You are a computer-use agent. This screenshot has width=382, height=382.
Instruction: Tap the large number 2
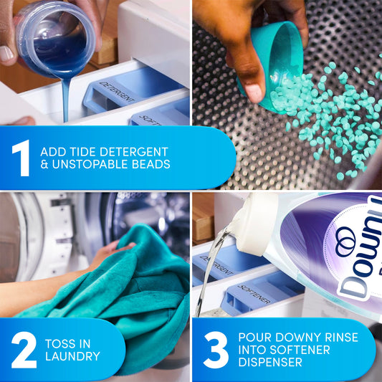point(23,349)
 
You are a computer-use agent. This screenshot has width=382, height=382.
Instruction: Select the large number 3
point(215,349)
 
